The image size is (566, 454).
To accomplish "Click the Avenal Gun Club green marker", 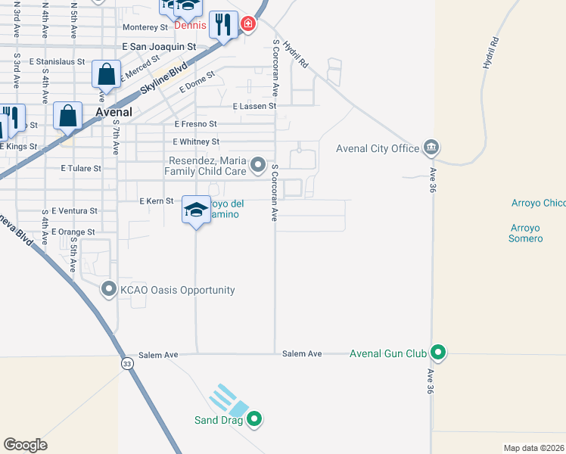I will coord(437,353).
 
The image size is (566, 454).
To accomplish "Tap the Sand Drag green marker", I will coord(254,418).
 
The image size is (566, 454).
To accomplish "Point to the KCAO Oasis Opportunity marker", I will coord(109,290).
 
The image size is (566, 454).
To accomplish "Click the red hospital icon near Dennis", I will coord(247,26).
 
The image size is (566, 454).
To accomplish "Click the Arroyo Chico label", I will coord(538,204).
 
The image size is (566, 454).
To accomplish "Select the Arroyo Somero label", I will coord(527,233).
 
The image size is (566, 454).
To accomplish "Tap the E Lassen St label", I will coord(254,107).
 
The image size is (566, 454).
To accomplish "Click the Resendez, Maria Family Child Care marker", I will coord(258,164).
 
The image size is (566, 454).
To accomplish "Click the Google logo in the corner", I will coord(25,444).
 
